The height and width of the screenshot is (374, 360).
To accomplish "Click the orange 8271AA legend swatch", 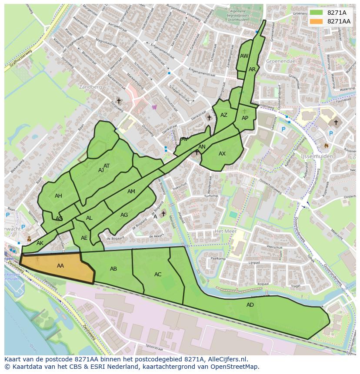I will [316, 21].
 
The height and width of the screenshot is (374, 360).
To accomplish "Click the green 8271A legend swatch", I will [316, 12].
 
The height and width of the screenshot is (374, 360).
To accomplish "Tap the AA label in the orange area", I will [60, 265].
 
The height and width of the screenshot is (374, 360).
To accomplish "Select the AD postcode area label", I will [250, 305].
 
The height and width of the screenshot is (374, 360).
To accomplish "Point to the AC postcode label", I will [158, 275].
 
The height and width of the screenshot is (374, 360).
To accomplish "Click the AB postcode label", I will [113, 269].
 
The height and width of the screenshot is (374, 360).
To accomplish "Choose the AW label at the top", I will [244, 56].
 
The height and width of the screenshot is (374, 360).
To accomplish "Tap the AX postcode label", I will [222, 154].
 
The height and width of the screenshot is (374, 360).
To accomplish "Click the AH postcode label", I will [58, 196].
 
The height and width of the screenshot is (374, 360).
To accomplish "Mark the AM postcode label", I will [131, 192].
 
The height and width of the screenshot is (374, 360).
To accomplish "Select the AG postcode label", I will [124, 215].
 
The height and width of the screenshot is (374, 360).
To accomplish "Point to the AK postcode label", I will [40, 243].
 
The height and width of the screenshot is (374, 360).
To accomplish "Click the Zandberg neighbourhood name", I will [90, 87].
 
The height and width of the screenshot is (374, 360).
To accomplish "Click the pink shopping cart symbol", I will [154, 107].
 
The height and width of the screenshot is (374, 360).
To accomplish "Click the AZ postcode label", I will [224, 115].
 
